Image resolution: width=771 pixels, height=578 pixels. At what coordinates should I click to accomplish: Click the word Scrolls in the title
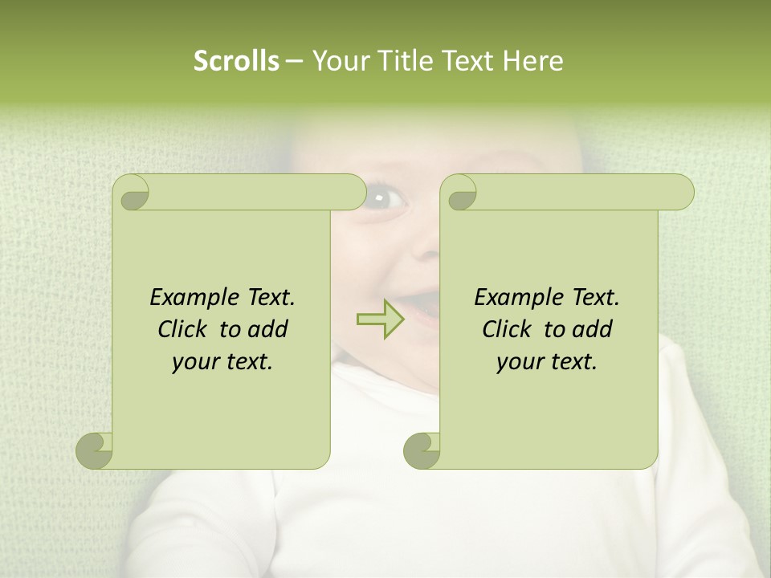pos(237,61)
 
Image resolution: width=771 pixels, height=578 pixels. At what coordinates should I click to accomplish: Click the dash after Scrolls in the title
pos(294,62)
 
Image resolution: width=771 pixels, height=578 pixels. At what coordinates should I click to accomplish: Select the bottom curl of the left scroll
pos(95,450)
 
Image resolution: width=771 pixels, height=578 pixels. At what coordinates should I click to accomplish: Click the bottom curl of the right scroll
pos(422,450)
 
